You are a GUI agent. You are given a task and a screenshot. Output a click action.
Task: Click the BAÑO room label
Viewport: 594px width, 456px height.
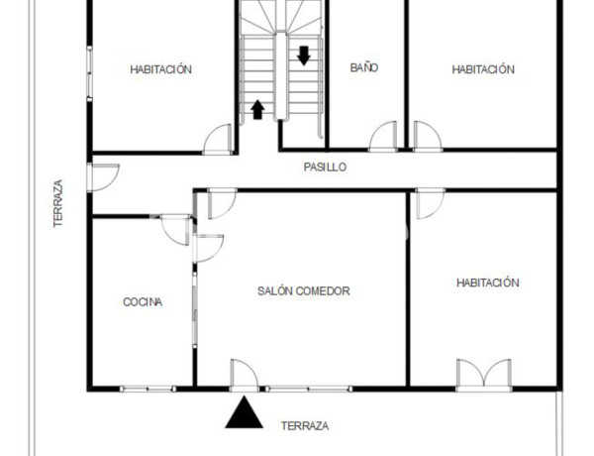point(364,68)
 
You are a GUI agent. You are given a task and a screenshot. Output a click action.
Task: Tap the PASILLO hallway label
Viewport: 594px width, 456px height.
point(325,168)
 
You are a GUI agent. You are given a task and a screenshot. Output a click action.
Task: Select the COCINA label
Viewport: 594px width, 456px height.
point(143,302)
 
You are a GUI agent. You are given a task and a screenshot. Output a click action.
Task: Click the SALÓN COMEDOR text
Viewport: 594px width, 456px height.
point(304,291)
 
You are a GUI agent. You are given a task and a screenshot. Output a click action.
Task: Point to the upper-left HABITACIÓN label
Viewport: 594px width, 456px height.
point(160,69)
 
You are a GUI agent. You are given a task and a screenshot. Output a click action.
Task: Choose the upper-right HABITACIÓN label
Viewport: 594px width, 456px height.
point(483,69)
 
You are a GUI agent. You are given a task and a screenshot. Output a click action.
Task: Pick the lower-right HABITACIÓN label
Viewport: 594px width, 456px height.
point(487,283)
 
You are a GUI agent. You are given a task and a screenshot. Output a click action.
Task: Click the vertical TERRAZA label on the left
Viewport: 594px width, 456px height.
point(58,204)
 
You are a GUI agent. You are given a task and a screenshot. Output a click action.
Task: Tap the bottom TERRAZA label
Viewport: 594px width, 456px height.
point(305,426)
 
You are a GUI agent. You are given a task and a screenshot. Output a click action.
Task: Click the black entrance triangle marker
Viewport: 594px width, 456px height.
point(244,412)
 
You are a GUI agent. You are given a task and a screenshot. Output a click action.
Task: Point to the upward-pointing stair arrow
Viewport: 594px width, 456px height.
point(257,108)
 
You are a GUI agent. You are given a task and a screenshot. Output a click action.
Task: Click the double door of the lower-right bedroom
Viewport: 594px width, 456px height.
point(483,375)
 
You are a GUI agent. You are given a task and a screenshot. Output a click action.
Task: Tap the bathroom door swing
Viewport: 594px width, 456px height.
point(383,137)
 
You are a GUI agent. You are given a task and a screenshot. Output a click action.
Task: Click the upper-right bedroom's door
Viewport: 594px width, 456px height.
point(427,137)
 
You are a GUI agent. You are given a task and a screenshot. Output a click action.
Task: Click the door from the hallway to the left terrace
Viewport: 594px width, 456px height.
point(102,176)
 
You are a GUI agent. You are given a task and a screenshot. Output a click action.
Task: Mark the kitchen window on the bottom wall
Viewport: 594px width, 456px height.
point(147,388)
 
